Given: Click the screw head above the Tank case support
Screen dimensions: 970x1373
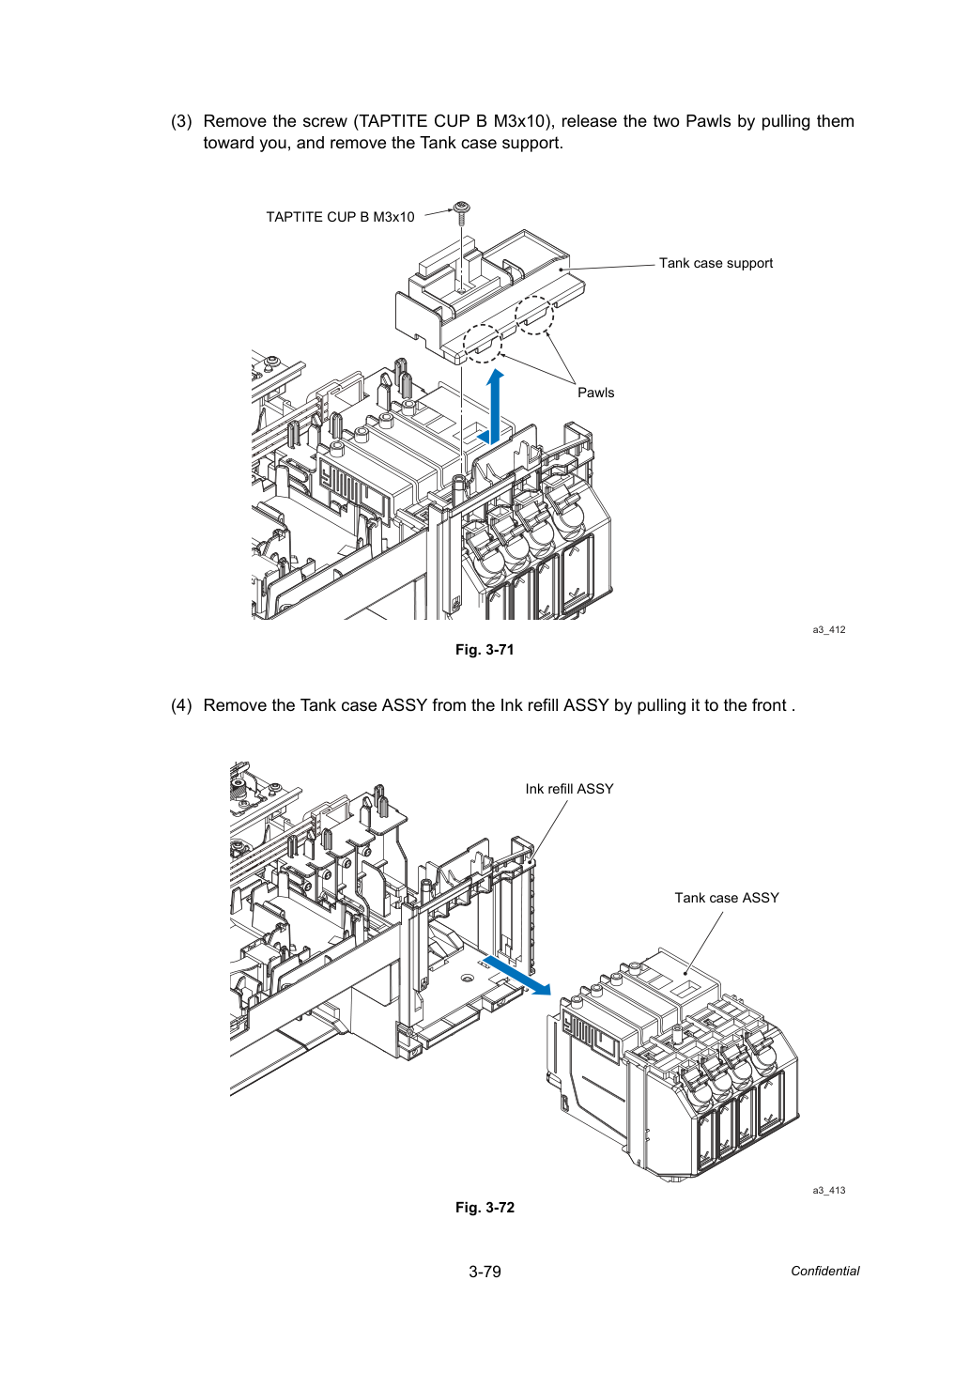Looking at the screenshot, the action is (461, 208).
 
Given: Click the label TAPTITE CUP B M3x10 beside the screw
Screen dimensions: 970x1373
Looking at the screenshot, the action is (340, 217).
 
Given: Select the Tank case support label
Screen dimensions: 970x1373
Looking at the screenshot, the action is (716, 263).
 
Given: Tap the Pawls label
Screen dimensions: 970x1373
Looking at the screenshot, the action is (595, 393).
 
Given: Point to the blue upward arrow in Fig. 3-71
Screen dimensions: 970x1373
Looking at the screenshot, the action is (495, 407).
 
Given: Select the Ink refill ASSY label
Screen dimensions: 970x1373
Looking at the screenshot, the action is (569, 789).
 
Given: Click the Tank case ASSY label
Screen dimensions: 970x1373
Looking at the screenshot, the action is (727, 898).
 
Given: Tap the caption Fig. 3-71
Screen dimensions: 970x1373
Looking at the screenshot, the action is (485, 650).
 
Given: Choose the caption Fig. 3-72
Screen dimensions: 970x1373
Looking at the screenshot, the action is (485, 1208).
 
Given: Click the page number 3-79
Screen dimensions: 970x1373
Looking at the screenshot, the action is (485, 1272).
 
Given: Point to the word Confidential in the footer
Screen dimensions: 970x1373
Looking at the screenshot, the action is (824, 1272).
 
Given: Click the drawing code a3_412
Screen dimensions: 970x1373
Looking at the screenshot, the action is (829, 629).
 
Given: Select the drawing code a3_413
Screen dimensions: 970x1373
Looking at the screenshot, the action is (829, 1191).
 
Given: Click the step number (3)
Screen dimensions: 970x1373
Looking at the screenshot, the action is (181, 121).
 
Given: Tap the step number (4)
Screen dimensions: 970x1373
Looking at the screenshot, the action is (181, 705).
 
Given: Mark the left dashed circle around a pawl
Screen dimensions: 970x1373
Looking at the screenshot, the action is (482, 344).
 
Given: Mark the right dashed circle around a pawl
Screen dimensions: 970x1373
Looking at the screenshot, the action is (534, 316).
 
